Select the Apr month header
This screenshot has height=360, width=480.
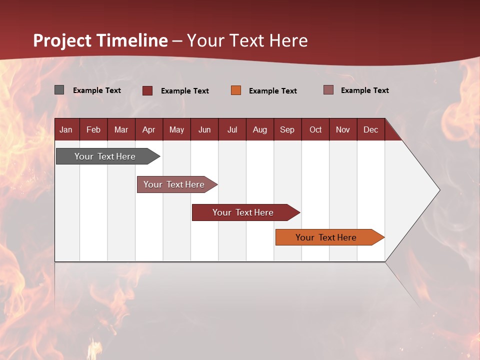(x=149, y=129)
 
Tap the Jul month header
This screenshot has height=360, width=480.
(x=232, y=129)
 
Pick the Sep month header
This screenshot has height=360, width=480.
(x=287, y=129)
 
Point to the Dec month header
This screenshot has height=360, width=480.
(x=370, y=129)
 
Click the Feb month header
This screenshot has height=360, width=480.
(x=93, y=129)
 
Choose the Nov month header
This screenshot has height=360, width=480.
(x=343, y=129)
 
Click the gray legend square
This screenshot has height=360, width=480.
(x=59, y=90)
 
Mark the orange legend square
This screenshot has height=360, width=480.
(x=236, y=90)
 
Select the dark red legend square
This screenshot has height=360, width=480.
(x=147, y=90)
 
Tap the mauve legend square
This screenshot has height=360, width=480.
(x=328, y=90)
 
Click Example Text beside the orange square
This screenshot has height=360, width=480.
(x=272, y=91)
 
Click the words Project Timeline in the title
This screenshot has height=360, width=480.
(x=100, y=40)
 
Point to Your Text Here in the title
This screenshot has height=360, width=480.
(x=247, y=40)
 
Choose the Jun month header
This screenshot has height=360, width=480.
(x=204, y=129)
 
